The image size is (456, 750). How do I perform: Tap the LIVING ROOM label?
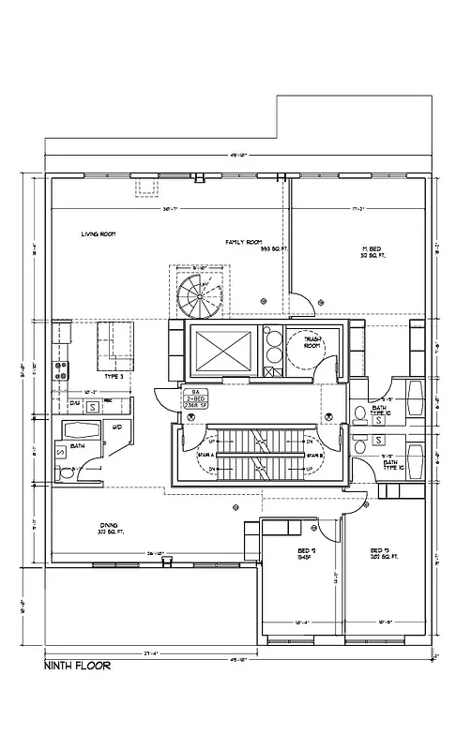(98, 233)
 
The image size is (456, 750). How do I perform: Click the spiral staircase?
(197, 295)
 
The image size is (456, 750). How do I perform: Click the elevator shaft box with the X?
(222, 353)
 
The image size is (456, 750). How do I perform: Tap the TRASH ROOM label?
(312, 344)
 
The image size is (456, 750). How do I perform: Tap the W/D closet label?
(118, 428)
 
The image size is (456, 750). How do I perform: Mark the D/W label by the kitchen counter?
(75, 402)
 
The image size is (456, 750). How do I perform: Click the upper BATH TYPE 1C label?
(380, 410)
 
